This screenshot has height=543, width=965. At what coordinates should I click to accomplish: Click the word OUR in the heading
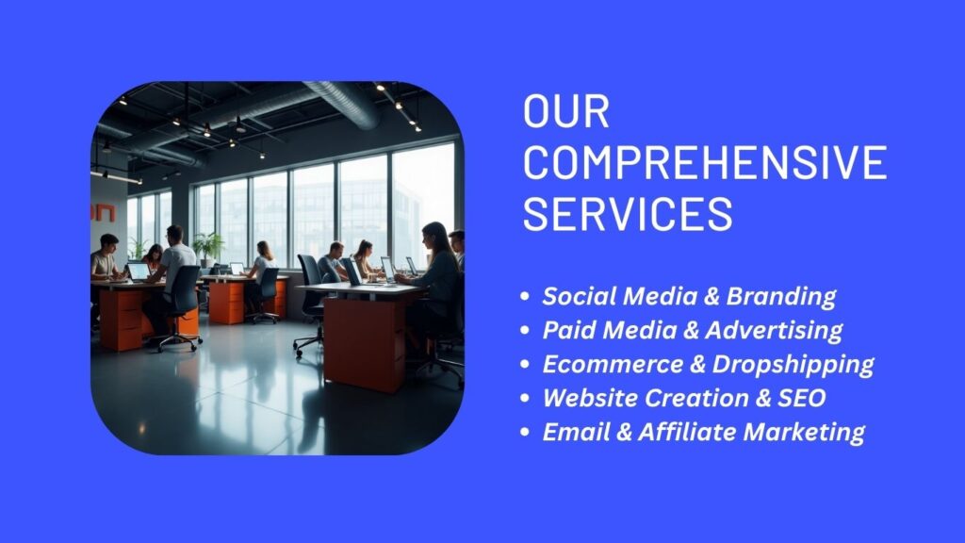click(x=566, y=111)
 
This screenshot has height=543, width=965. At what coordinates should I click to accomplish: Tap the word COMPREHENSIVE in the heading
click(x=705, y=162)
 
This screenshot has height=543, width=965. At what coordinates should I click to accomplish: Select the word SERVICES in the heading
click(x=628, y=214)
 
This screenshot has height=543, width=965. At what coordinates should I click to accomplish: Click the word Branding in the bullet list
click(x=781, y=296)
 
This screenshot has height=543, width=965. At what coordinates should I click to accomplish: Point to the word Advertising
click(x=775, y=330)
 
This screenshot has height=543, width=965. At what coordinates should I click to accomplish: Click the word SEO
click(x=801, y=398)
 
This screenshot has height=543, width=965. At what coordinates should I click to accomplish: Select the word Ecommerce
click(x=613, y=364)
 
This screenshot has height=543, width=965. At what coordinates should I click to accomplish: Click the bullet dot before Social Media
click(x=524, y=297)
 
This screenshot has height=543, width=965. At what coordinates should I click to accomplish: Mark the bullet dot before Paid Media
click(x=524, y=331)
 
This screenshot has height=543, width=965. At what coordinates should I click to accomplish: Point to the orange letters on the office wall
click(x=103, y=213)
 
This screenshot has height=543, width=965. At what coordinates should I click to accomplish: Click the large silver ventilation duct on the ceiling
click(x=342, y=102)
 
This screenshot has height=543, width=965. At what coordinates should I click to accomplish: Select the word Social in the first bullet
click(x=579, y=296)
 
